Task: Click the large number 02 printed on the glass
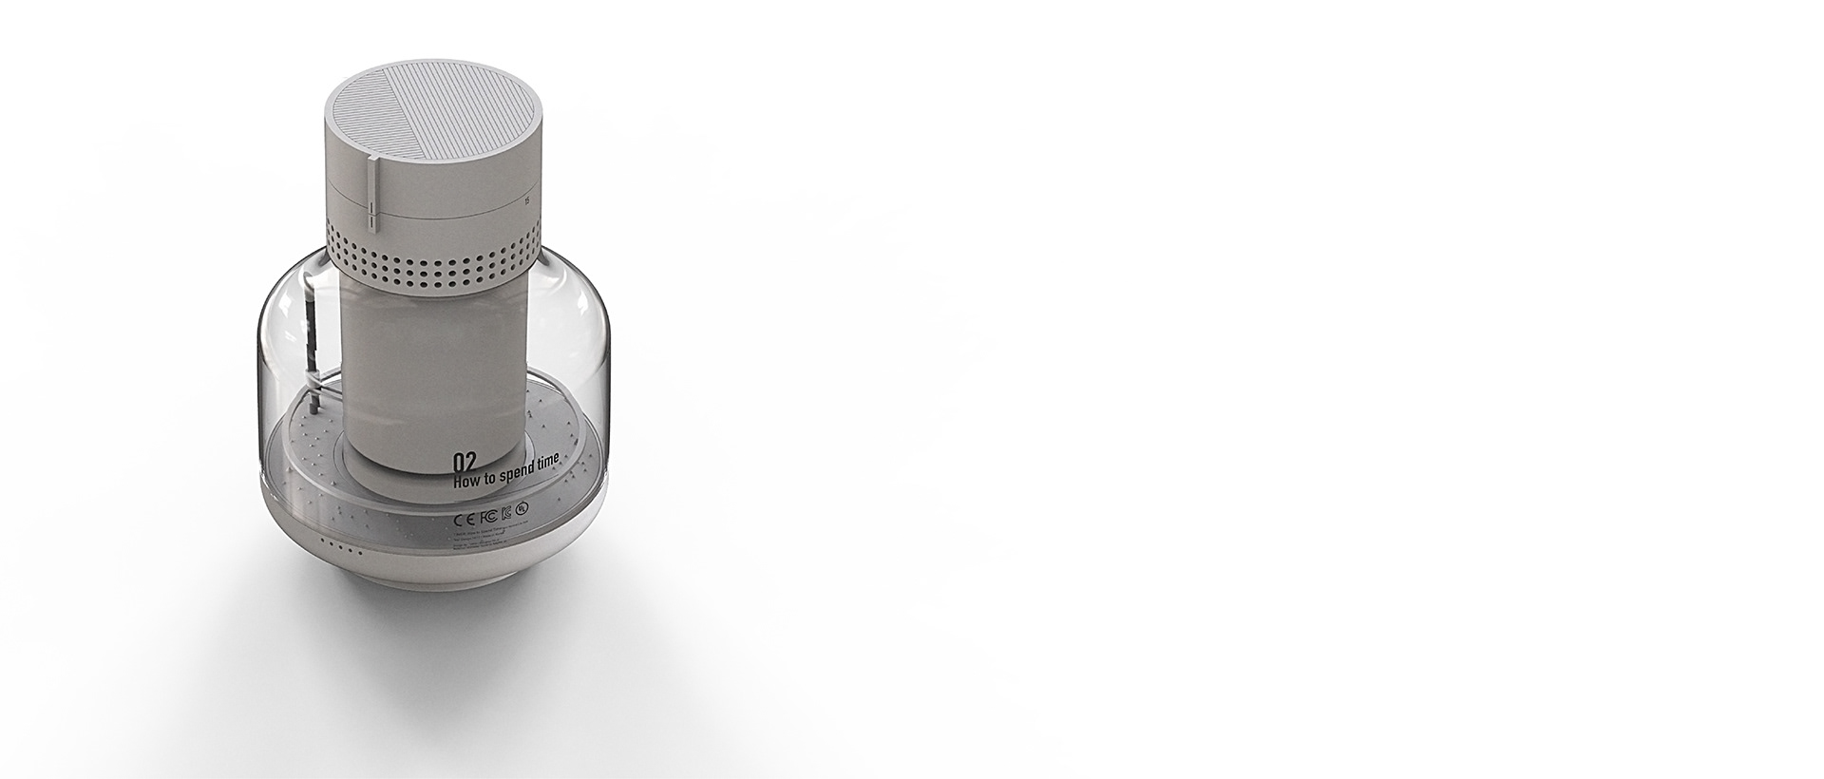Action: point(465,463)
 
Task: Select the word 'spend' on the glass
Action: point(525,472)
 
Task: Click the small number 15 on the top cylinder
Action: point(527,200)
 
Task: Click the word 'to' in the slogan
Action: point(496,478)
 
